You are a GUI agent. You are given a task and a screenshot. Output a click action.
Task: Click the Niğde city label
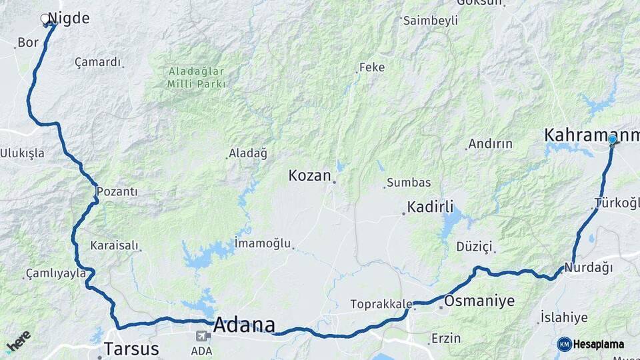click(x=69, y=19)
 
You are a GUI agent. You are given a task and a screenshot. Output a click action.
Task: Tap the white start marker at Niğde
click(x=46, y=19)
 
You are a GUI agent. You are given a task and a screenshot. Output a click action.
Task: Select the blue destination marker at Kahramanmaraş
click(x=612, y=139)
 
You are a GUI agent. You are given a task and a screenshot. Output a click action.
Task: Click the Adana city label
click(x=244, y=325)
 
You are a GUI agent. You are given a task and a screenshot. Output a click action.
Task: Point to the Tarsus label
click(x=131, y=349)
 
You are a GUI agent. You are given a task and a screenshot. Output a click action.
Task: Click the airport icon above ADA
click(x=201, y=337)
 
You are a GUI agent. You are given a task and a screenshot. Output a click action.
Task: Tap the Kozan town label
click(x=309, y=176)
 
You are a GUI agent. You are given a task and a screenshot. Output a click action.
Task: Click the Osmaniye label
click(x=479, y=301)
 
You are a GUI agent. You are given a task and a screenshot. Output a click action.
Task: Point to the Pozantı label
click(x=117, y=192)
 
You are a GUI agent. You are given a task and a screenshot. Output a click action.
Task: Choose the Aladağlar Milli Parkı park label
click(x=197, y=77)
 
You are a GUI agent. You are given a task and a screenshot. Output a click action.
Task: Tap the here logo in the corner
click(x=18, y=341)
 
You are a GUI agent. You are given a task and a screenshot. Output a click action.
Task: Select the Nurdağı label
click(x=588, y=268)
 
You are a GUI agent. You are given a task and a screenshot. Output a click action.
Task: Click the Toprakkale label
click(x=381, y=305)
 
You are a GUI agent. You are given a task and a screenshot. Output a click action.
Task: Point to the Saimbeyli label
click(x=431, y=21)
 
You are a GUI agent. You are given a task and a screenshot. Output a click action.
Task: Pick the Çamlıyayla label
click(x=56, y=273)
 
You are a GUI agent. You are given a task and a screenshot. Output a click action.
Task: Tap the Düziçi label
click(x=474, y=247)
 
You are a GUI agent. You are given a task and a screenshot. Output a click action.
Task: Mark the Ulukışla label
click(x=22, y=153)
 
